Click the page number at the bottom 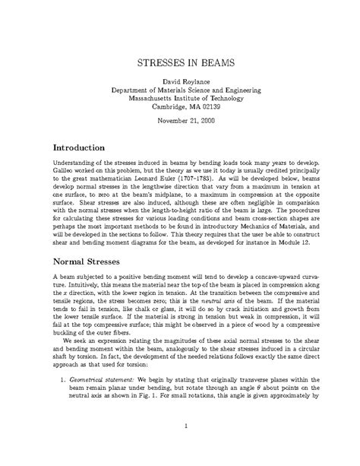point(180,446)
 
